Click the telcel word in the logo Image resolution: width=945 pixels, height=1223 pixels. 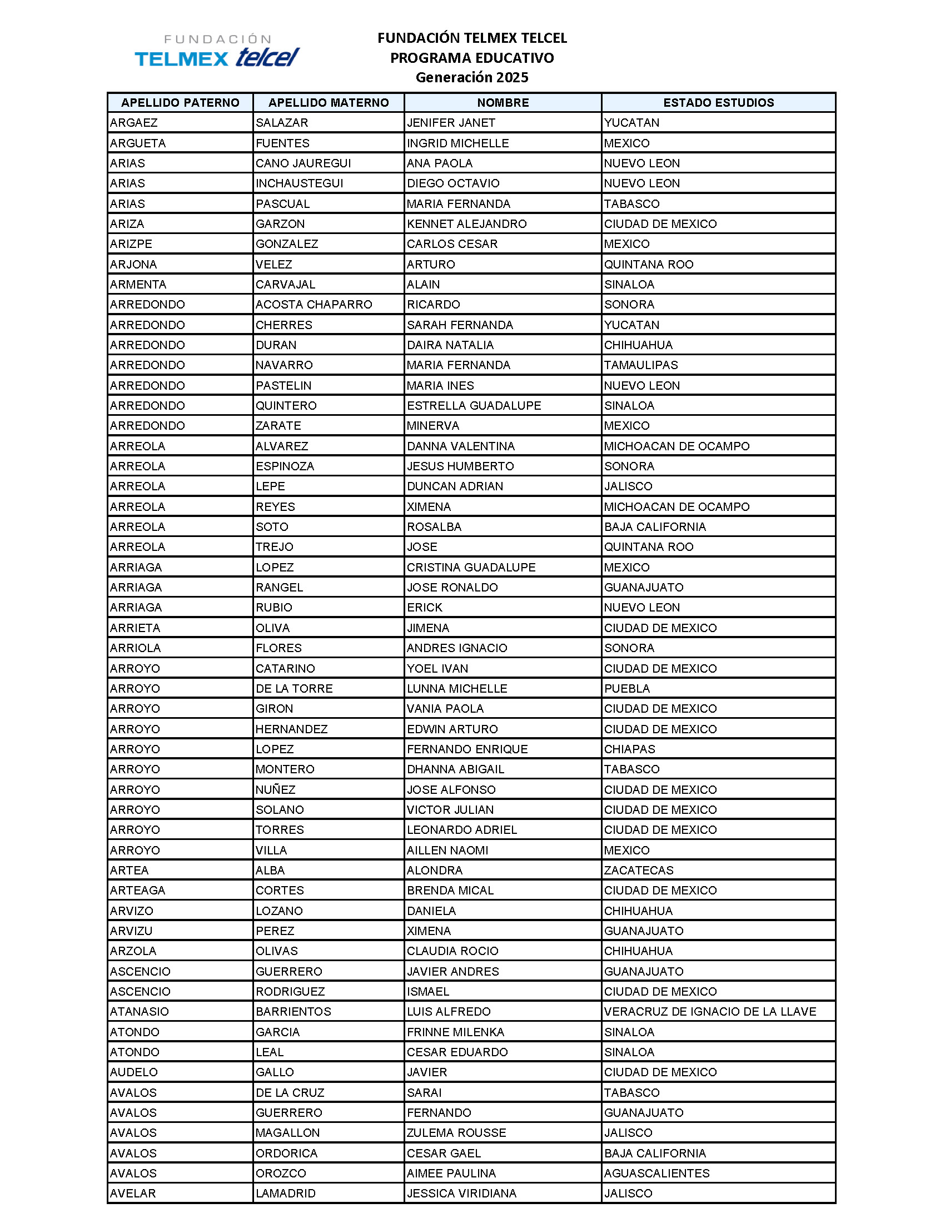click(267, 57)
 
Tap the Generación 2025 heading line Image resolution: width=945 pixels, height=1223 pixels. click(471, 77)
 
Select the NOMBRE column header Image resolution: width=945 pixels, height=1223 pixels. click(502, 102)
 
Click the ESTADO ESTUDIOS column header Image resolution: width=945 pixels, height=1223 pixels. click(718, 102)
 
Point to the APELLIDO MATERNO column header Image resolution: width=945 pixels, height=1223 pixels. click(328, 102)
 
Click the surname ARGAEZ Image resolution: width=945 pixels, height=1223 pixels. click(134, 123)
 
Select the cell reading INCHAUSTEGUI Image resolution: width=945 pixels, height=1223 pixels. click(299, 183)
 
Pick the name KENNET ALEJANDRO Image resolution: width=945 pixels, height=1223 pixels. click(466, 223)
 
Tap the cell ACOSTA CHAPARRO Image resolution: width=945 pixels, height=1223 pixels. click(314, 304)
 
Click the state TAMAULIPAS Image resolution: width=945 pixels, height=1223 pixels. click(640, 365)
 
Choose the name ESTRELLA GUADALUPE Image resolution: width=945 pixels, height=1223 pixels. click(474, 405)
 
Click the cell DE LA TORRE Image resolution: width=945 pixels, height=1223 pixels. click(294, 688)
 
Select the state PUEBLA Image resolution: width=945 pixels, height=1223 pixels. click(626, 688)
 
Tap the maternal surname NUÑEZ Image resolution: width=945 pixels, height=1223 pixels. click(275, 789)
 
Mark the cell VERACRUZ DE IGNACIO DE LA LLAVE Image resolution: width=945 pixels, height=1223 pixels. click(709, 1011)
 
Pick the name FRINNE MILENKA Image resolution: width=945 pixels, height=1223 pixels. click(455, 1032)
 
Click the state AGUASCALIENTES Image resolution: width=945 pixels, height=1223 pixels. click(656, 1173)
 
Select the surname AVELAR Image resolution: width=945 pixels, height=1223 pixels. click(133, 1194)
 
